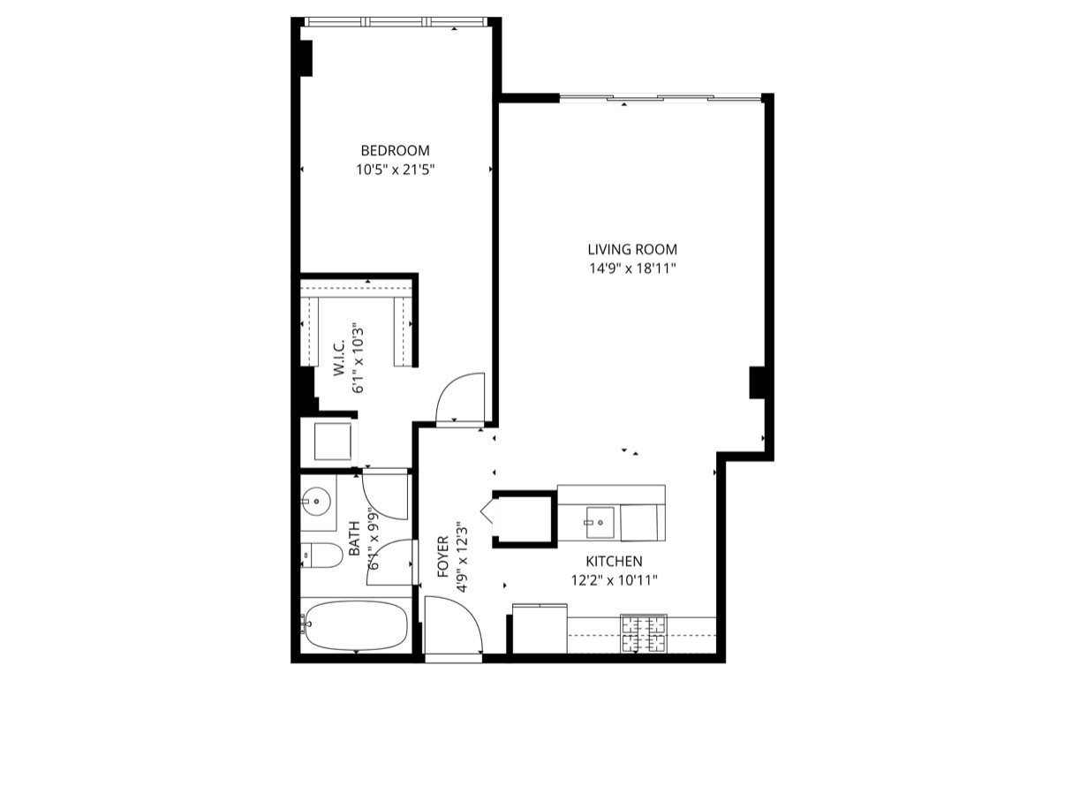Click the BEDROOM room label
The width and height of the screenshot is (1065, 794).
[x=395, y=150]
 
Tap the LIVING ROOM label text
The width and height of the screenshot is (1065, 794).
[x=632, y=250]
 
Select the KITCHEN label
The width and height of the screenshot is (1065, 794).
[x=614, y=561]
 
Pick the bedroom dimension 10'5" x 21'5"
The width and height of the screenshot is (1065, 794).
[x=396, y=170]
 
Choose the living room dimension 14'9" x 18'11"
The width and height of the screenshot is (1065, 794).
[x=632, y=269]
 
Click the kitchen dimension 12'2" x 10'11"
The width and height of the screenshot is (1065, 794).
[x=615, y=580]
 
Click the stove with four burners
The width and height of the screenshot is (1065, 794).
[x=644, y=633]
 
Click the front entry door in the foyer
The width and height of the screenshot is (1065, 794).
[x=453, y=629]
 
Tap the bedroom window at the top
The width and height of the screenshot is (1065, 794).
[x=396, y=21]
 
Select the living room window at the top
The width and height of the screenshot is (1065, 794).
[x=661, y=97]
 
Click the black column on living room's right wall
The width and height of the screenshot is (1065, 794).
[x=757, y=382]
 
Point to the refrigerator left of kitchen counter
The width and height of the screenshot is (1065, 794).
[x=540, y=628]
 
